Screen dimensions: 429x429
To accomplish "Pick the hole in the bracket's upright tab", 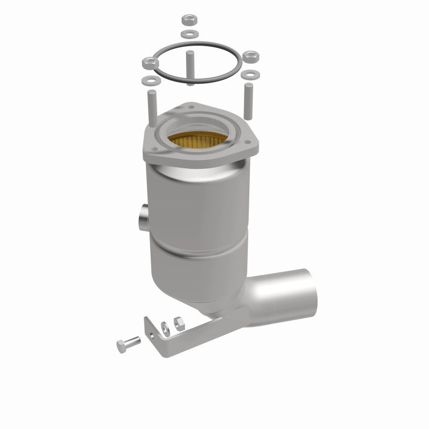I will tap(153, 332).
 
